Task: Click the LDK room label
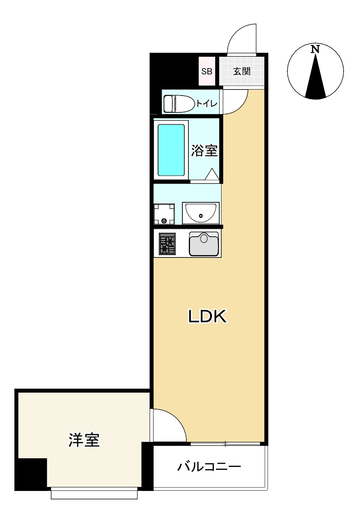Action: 208,317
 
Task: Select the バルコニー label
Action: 209,467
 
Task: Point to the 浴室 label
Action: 204,151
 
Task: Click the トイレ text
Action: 207,104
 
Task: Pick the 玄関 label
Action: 242,72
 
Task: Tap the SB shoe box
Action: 207,72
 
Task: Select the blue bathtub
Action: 171,150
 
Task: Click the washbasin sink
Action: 200,213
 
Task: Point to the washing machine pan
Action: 164,214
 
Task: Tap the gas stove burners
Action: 167,244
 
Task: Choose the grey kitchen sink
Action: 204,244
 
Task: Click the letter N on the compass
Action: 316,50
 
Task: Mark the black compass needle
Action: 316,80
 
